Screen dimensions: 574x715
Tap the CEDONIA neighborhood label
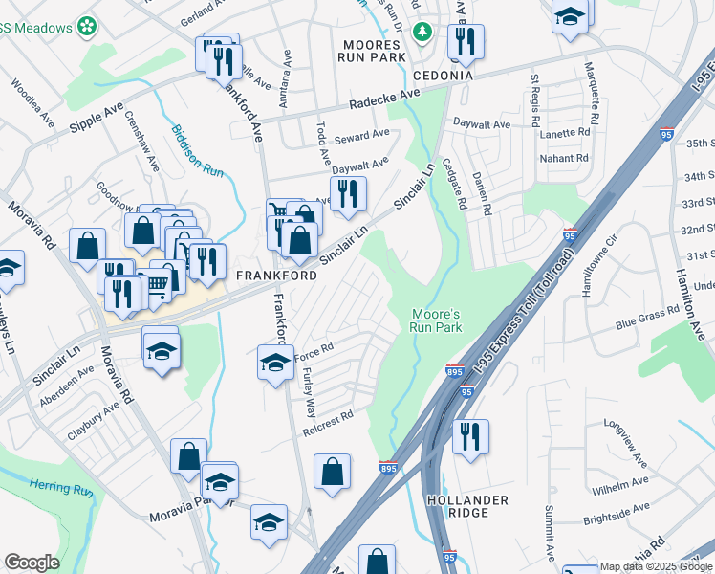pyautogui.click(x=443, y=76)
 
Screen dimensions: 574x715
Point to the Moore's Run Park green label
pyautogui.click(x=437, y=320)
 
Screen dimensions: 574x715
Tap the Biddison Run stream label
pyautogui.click(x=196, y=151)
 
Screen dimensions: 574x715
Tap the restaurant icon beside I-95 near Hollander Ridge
pyautogui.click(x=469, y=437)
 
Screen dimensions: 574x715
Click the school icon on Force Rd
pyautogui.click(x=275, y=364)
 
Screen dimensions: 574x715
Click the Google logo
pyautogui.click(x=32, y=563)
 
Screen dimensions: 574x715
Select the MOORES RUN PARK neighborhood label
pyautogui.click(x=369, y=51)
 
